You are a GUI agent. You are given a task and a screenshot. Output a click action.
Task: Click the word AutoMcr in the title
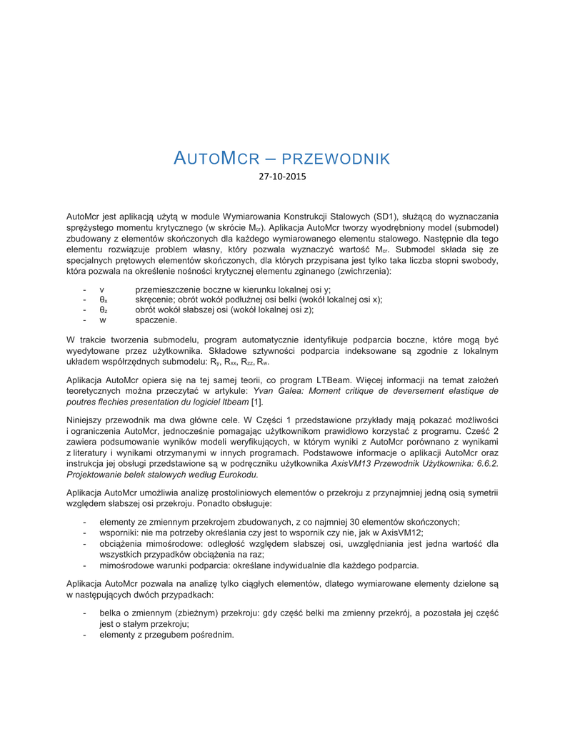click(x=214, y=158)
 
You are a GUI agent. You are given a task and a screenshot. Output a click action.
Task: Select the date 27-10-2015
click(x=282, y=176)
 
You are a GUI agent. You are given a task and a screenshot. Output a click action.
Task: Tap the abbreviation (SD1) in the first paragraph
click(x=388, y=216)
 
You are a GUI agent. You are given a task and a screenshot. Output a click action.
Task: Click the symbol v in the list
click(x=102, y=290)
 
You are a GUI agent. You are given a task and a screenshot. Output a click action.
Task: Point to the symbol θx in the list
click(x=104, y=300)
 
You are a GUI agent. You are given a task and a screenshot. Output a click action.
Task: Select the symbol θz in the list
click(x=104, y=310)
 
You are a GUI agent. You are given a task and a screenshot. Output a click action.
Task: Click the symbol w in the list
click(x=103, y=320)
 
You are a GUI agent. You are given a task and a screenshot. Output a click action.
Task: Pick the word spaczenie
click(x=156, y=320)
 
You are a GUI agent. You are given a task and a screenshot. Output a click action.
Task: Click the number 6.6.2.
click(x=486, y=463)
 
